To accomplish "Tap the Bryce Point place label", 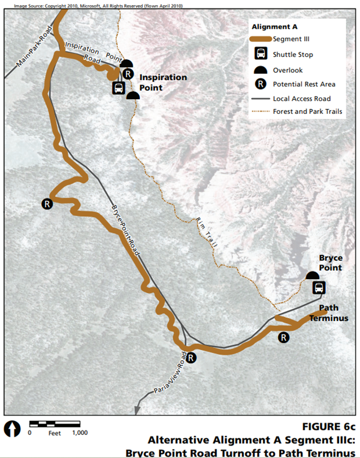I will pyautogui.click(x=331, y=262).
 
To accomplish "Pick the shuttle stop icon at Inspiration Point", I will pyautogui.click(x=119, y=88).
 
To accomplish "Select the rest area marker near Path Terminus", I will pyautogui.click(x=284, y=337).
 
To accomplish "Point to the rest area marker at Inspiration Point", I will pyautogui.click(x=128, y=74).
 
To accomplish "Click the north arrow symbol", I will pyautogui.click(x=11, y=428).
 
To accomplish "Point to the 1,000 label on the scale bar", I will pyautogui.click(x=80, y=433).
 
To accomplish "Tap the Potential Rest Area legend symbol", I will pyautogui.click(x=261, y=84).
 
